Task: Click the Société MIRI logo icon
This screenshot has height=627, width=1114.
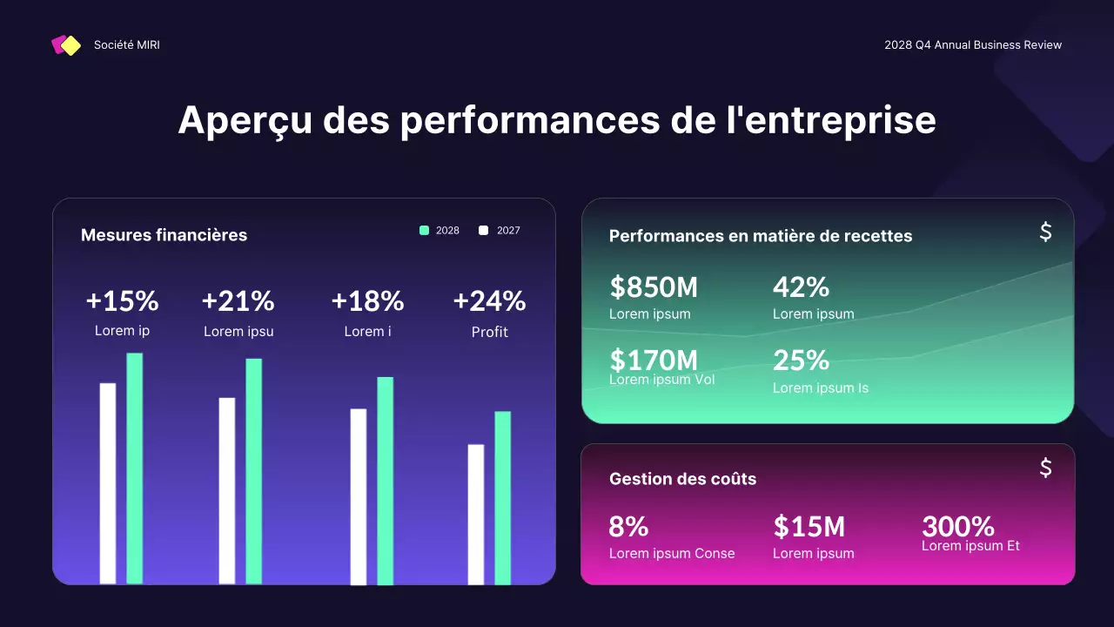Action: point(66,45)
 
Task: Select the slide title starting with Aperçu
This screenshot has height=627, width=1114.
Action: point(557,120)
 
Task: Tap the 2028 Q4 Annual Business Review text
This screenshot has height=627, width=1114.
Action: point(973,45)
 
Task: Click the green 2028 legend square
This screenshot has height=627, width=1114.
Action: point(424,231)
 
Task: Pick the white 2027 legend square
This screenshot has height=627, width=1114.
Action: point(484,231)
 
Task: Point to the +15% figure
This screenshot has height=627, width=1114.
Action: point(122,301)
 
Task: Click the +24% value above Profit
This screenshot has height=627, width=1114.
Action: point(489,301)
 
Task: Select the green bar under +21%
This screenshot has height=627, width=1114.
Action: point(253,470)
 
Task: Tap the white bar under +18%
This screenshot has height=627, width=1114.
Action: point(359,496)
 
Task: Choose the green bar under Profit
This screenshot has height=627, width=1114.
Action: point(502,497)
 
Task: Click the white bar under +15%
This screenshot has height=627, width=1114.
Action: point(108,483)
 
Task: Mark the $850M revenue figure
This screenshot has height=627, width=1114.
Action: point(654,287)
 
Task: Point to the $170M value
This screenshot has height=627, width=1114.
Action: point(654,359)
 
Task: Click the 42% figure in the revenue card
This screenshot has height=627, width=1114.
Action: point(801,287)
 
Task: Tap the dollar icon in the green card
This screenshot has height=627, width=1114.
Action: point(1046,232)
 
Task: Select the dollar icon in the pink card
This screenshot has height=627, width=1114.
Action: point(1046,468)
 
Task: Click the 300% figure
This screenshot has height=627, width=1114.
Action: point(957,526)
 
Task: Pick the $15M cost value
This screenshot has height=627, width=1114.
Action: point(809,526)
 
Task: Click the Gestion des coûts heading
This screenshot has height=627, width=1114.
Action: point(682,479)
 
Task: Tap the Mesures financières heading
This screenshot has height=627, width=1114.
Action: point(164,235)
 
